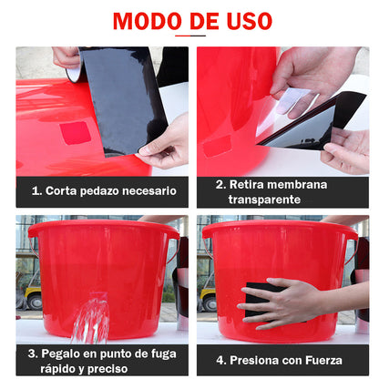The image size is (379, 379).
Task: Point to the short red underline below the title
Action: click(189, 36)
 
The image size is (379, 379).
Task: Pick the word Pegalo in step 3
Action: click(63, 353)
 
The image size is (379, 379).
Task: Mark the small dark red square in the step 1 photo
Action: click(76, 133)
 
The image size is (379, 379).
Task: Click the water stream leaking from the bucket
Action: click(91, 319)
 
